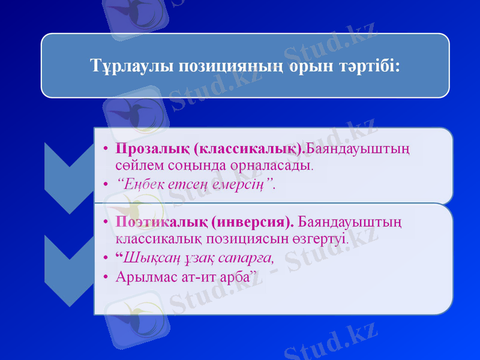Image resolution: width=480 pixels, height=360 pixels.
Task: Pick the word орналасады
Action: (x=276, y=164)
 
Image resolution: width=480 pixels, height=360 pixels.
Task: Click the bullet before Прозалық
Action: (x=105, y=148)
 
